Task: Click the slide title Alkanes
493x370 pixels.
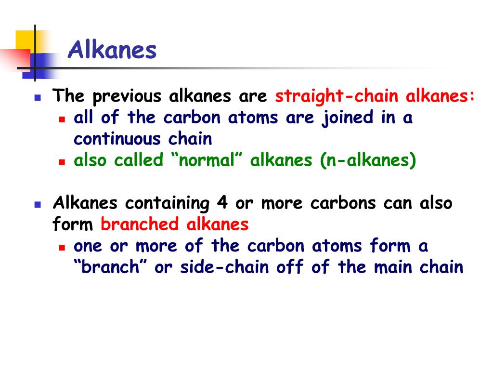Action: tap(112, 50)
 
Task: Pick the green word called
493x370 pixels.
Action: tap(140, 160)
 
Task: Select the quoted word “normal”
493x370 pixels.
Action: tap(208, 160)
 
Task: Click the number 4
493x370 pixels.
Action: tap(222, 203)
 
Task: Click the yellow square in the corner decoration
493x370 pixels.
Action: tap(25, 41)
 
